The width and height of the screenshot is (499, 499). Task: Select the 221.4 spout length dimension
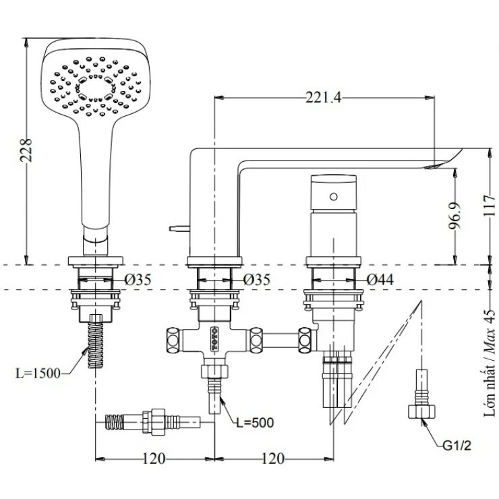[x=324, y=98]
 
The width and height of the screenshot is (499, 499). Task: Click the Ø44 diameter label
[x=381, y=278]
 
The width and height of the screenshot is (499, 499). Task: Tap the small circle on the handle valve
[x=332, y=196]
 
